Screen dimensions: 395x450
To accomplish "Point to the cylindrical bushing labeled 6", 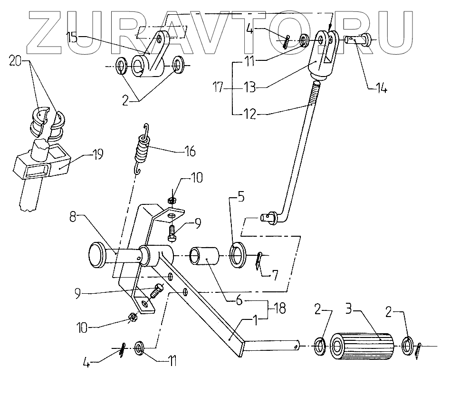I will click(x=204, y=258).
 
